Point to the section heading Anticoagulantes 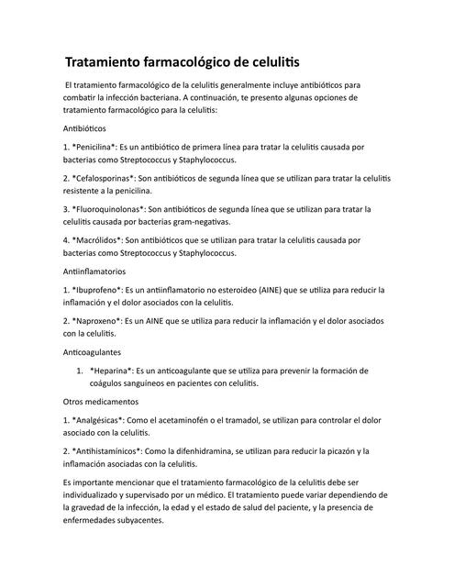(x=93, y=352)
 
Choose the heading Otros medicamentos (x=100, y=402)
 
